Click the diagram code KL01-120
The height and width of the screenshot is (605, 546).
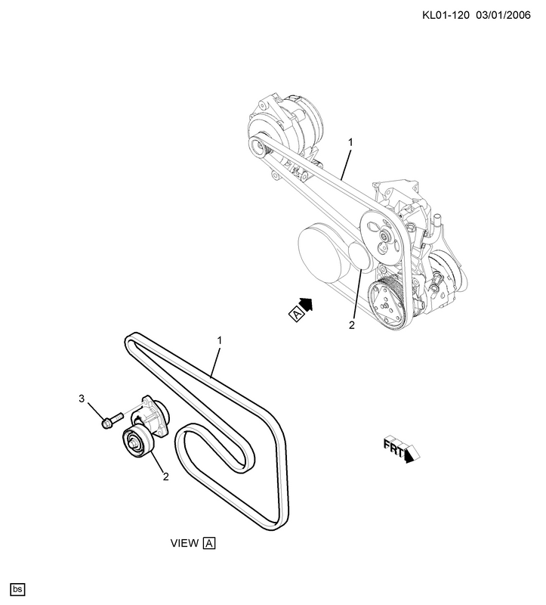point(446,15)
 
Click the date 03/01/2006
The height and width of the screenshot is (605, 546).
point(503,15)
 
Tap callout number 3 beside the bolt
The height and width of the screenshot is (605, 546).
point(82,399)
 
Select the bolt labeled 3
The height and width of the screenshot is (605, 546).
point(112,420)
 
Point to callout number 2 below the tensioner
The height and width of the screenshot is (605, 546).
point(165,477)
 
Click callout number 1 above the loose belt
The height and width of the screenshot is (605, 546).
point(220,341)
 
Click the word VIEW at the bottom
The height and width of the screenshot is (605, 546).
point(184,543)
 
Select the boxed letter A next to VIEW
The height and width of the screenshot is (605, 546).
point(209,543)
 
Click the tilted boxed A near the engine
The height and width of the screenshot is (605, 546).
point(296,314)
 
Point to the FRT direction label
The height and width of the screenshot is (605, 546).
point(401,449)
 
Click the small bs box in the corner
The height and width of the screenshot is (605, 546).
point(17,589)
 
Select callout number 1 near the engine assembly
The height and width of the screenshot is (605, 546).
point(350,143)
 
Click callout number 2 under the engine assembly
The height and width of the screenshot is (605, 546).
point(351,325)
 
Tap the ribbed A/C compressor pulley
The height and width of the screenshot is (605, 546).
point(387,302)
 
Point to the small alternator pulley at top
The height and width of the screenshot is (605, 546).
point(258,146)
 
